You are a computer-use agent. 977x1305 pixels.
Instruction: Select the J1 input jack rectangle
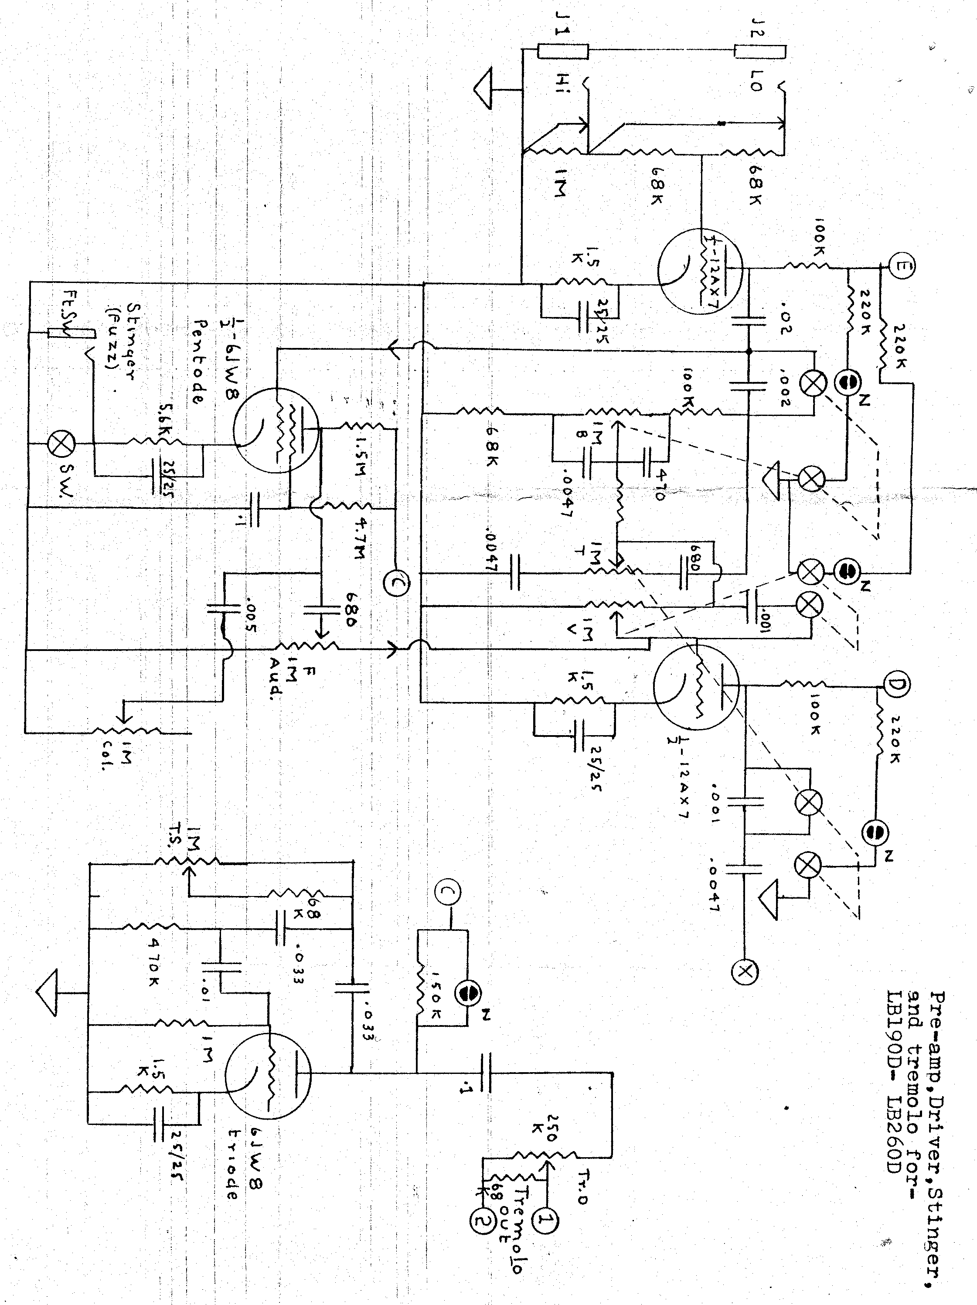pyautogui.click(x=563, y=51)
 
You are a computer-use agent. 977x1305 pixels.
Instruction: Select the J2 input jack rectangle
pyautogui.click(x=760, y=51)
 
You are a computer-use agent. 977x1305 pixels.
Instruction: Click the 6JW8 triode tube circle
pyautogui.click(x=269, y=1078)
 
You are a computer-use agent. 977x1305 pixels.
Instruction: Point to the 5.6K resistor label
pyautogui.click(x=158, y=426)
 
